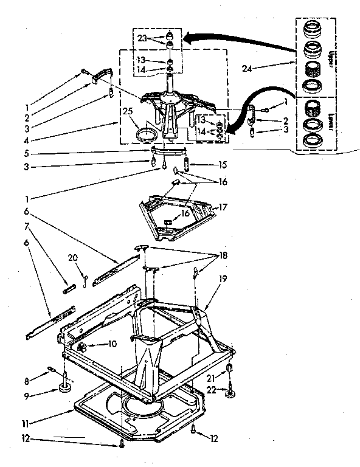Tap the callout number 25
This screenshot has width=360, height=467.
tap(127, 112)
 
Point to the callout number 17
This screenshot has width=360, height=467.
tap(223, 207)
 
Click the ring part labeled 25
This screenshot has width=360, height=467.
tap(145, 133)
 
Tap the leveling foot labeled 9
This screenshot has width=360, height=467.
tap(64, 386)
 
